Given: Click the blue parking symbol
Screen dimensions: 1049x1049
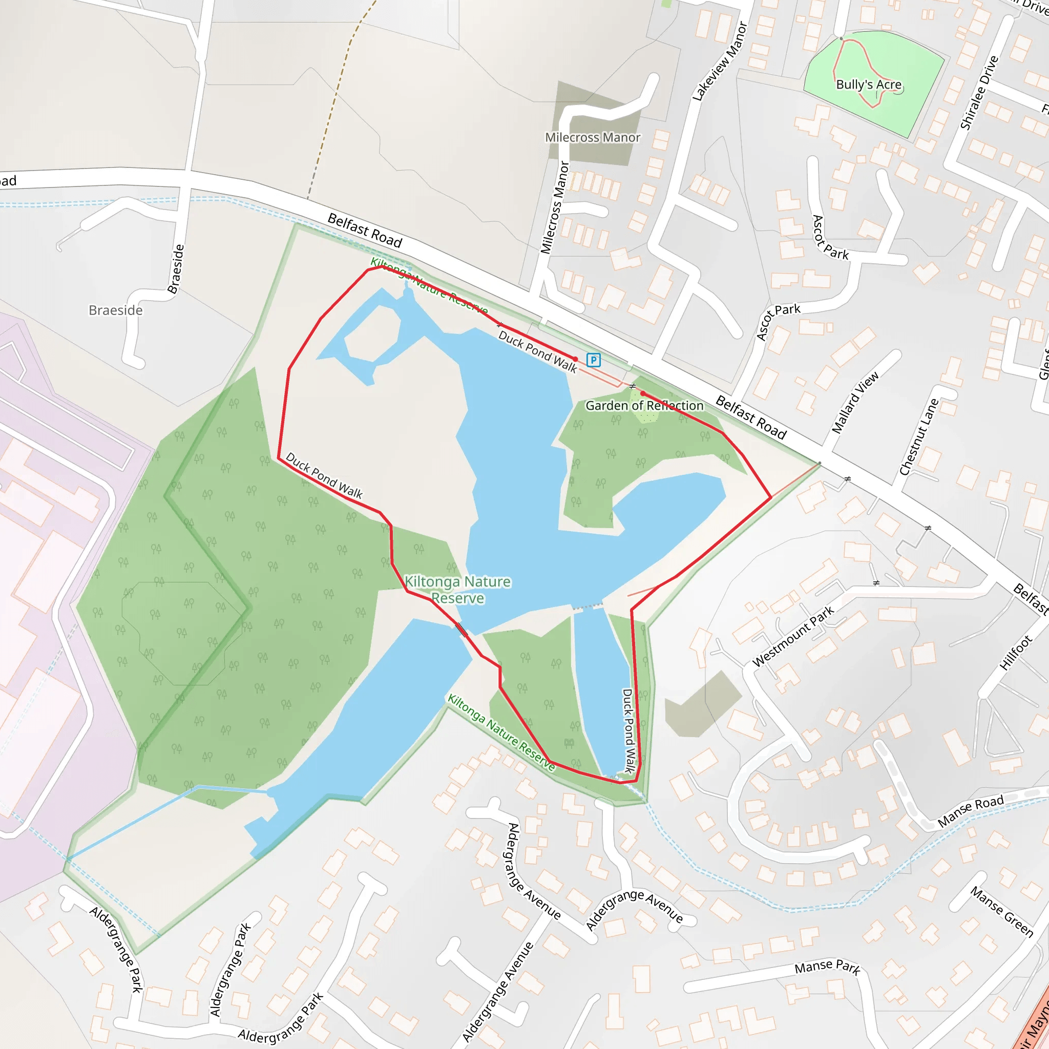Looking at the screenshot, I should (594, 360).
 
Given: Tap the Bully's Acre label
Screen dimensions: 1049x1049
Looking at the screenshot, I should (868, 85).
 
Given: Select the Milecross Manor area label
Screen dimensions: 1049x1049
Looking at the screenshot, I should (593, 137).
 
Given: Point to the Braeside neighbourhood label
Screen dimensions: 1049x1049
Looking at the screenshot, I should (116, 310).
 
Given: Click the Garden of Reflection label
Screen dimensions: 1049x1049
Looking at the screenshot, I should (644, 406).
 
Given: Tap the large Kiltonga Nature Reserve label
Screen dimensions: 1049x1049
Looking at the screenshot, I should (458, 590).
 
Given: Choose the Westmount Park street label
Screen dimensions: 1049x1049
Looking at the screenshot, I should (793, 636).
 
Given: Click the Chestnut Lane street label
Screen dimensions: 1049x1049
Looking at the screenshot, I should (919, 437).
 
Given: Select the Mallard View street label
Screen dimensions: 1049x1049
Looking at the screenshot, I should (855, 402).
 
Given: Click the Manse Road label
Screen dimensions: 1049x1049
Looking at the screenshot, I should (971, 811).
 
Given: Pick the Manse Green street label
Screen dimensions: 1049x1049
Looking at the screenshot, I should (1002, 912).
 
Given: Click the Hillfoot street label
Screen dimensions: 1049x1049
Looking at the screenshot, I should (1015, 653).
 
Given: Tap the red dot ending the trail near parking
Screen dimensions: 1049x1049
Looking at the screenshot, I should (576, 359).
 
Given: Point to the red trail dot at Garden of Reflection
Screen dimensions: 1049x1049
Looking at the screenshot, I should (642, 393).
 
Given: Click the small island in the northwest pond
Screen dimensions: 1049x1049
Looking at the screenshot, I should (372, 333).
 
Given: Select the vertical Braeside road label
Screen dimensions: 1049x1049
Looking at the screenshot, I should (176, 269).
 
